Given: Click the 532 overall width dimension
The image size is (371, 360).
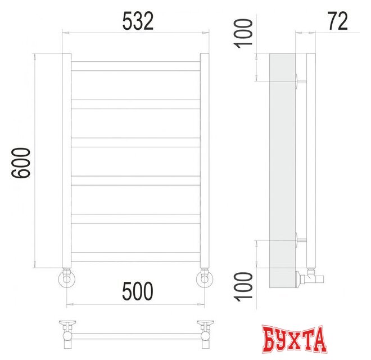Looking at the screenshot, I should pyautogui.click(x=138, y=21).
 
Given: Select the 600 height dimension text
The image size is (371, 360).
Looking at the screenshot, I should pyautogui.click(x=20, y=163).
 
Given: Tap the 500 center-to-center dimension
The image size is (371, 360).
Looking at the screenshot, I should pyautogui.click(x=137, y=291).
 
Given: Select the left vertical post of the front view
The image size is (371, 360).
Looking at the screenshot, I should pyautogui.click(x=66, y=160).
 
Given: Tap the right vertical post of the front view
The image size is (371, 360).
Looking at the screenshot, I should pyautogui.click(x=205, y=160).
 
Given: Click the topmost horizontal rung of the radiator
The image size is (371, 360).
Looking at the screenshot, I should pyautogui.click(x=135, y=66).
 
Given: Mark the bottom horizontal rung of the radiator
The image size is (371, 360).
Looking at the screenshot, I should pyautogui.click(x=135, y=256).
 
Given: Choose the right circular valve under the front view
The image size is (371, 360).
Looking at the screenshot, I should pyautogui.click(x=205, y=278).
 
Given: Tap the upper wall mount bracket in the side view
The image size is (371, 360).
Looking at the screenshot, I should pyautogui.click(x=299, y=80).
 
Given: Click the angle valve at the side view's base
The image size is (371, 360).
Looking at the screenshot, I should pyautogui.click(x=309, y=276).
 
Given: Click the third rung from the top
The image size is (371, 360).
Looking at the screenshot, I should pyautogui.click(x=135, y=142).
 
